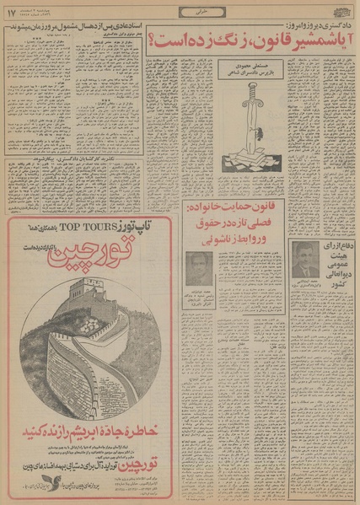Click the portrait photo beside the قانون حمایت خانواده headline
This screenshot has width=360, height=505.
199,269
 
